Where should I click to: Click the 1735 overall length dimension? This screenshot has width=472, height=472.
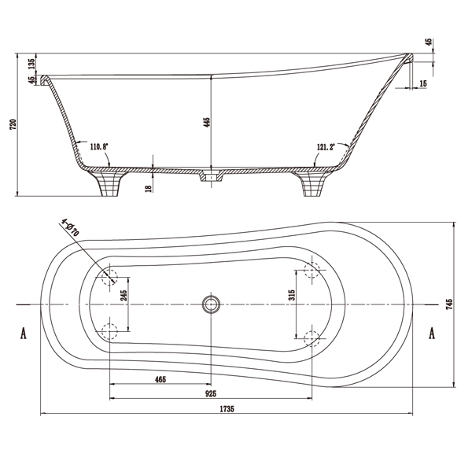[x=227, y=409]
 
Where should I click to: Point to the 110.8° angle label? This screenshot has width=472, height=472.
[x=100, y=146]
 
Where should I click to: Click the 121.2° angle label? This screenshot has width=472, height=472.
[x=326, y=146]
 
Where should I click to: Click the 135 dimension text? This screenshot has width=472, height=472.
[x=31, y=65]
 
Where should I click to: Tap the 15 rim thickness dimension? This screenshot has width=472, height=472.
[x=423, y=83]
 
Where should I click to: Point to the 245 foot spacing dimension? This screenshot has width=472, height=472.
[x=124, y=296]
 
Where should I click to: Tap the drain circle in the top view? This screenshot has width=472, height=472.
[x=210, y=304]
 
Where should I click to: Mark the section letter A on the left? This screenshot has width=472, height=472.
[x=24, y=334]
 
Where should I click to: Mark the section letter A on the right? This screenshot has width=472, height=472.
[x=432, y=334]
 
